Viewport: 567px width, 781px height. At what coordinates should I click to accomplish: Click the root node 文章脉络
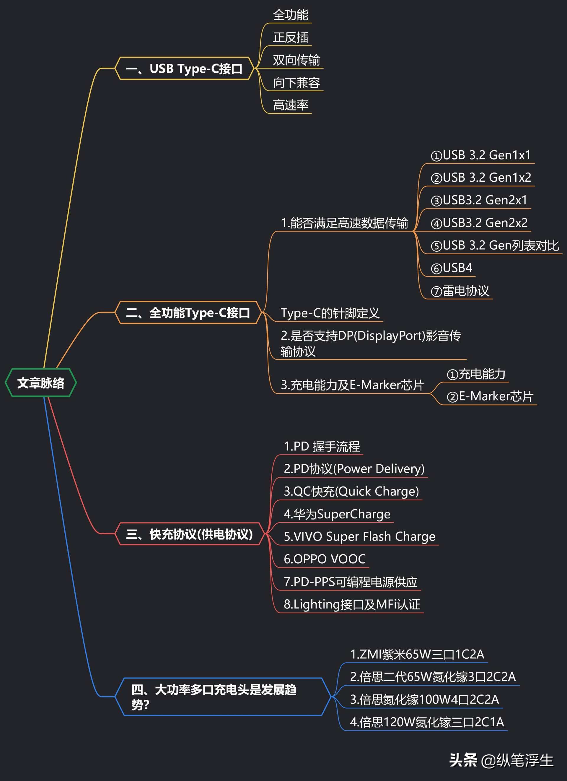(x=41, y=383)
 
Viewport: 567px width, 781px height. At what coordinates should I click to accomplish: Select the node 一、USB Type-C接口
(x=184, y=69)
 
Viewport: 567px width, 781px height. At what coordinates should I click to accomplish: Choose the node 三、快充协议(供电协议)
(x=189, y=534)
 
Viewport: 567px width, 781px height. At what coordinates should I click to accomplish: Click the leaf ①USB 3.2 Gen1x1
(x=480, y=155)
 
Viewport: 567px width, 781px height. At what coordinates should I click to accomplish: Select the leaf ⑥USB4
(x=451, y=268)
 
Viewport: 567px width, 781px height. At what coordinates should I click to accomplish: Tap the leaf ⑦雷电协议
(x=460, y=291)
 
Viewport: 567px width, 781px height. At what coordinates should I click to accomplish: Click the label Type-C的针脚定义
(x=330, y=313)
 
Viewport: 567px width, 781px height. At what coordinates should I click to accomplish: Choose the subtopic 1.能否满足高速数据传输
(x=344, y=223)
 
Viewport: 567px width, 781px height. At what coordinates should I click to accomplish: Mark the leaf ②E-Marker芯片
(x=490, y=396)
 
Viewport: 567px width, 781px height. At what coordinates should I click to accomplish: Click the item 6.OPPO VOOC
(x=324, y=559)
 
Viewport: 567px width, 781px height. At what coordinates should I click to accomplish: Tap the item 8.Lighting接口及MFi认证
(x=351, y=604)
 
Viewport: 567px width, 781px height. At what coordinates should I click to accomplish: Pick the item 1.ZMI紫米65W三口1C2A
(x=417, y=654)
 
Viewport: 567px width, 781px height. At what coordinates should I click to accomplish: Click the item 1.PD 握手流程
(x=322, y=447)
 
